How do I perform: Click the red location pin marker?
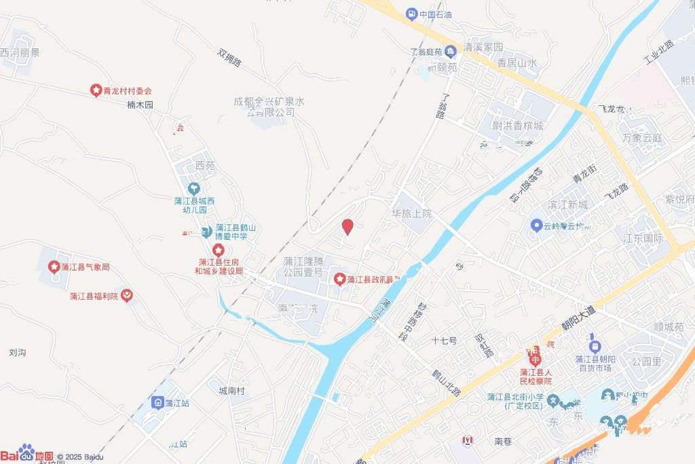point(347,227)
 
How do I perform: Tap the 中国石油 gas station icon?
point(411,14)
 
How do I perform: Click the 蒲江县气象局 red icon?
point(54,267)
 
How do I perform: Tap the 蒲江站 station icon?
point(157,403)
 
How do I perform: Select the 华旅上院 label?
point(411,213)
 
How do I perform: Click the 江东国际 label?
point(643,238)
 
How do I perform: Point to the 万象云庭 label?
point(641,137)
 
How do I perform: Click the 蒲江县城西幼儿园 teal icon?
point(194,188)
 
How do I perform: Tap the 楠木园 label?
point(140,105)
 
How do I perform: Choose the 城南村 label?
point(231,391)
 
